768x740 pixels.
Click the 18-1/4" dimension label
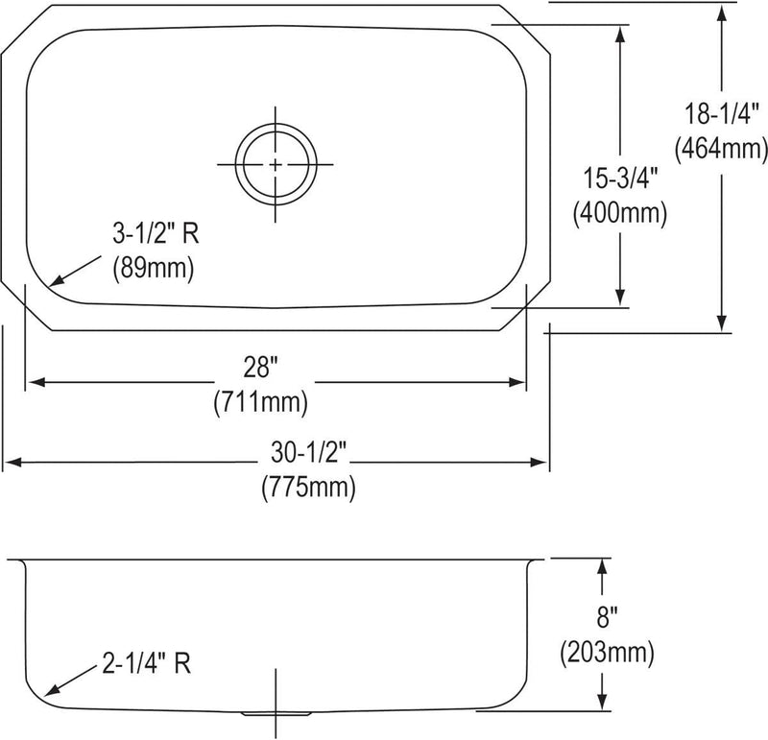pos(721,114)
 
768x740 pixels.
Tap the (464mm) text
pos(721,148)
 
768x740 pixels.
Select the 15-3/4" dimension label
pos(619,178)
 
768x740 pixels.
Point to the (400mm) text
pos(619,213)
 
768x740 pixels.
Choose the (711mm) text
pos(260,402)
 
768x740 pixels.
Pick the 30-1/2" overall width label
pos(308,452)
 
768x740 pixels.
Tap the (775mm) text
pos(308,488)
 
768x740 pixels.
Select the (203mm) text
pos(607,653)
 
